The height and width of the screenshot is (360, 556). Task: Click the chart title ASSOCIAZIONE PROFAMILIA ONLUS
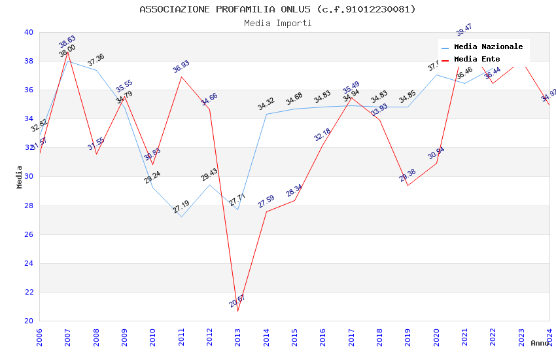point(277,9)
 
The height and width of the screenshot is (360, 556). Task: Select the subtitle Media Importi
point(277,23)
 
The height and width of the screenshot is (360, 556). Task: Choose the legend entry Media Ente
point(476,59)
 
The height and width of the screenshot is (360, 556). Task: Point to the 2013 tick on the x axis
point(238,334)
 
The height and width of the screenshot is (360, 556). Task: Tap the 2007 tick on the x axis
point(68,334)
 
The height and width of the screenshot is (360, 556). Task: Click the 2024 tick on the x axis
point(549,334)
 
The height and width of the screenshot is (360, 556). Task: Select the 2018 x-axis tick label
point(379,334)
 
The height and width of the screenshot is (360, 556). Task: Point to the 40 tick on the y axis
point(29,32)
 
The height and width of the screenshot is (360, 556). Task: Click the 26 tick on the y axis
point(29,234)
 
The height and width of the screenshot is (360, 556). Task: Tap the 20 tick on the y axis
point(29,321)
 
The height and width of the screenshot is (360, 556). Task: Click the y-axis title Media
point(20,177)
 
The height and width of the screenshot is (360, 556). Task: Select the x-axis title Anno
point(540,343)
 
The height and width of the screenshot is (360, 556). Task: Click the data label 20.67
point(237,301)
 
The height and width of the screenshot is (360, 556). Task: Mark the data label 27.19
point(181,207)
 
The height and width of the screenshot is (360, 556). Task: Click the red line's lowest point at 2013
point(237,311)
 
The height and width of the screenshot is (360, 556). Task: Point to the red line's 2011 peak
point(181,77)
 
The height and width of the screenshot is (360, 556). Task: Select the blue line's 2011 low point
point(181,217)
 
